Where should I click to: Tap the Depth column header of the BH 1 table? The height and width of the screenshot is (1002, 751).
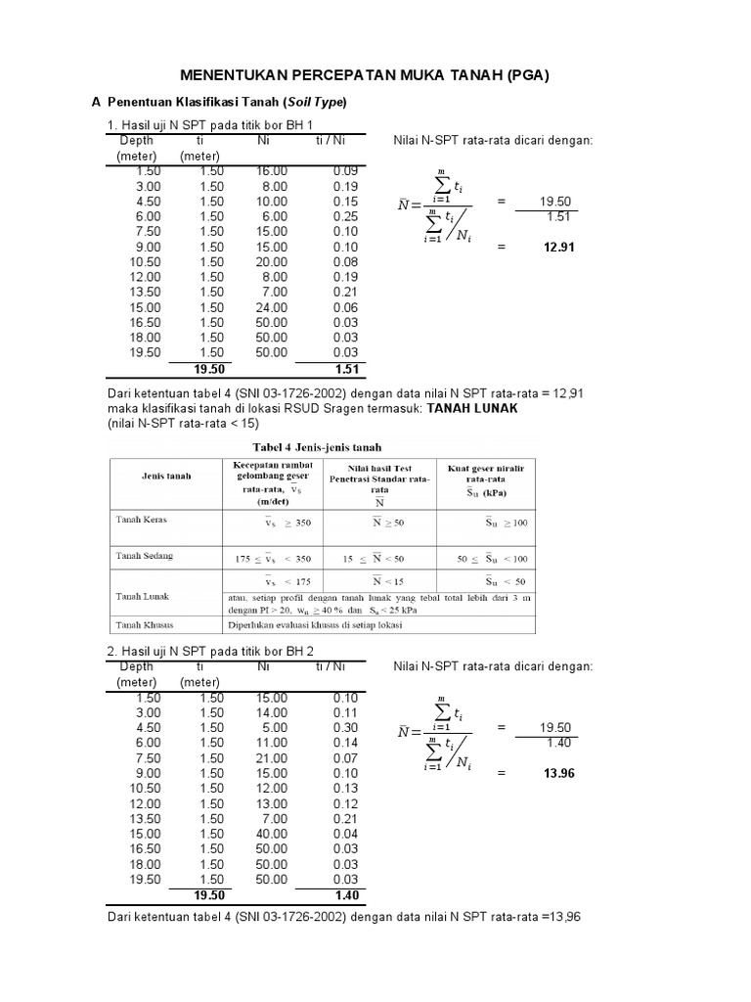coord(136,141)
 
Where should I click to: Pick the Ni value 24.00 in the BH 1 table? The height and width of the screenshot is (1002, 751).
coord(273,307)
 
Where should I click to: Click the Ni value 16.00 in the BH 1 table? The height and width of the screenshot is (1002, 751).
coord(273,171)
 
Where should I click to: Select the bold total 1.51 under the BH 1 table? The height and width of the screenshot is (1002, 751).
coord(347,369)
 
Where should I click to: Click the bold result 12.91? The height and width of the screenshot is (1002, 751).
coord(557,248)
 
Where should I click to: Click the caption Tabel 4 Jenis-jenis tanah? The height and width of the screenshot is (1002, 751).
coord(323,447)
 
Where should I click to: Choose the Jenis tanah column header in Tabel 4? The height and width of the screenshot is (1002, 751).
coord(164,476)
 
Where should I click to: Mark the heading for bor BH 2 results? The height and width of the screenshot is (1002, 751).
coord(210,652)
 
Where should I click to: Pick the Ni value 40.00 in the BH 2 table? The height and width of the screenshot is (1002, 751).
coord(273,834)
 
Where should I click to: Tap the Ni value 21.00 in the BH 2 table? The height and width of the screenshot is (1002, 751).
coord(273,758)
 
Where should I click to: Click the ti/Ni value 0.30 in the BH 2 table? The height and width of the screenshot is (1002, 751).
coord(344,728)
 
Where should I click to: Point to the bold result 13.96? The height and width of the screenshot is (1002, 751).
coord(557,774)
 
